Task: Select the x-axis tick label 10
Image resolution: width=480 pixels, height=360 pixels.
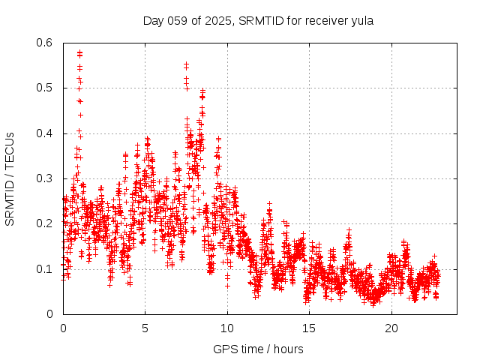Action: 227,328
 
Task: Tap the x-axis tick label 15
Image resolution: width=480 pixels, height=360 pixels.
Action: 310,328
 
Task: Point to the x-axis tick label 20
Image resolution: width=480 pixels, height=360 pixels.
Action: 391,328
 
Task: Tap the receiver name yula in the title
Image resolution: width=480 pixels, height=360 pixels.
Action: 362,20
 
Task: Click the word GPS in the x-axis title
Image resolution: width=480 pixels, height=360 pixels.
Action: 223,349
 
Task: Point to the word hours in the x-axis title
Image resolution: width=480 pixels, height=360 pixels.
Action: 288,349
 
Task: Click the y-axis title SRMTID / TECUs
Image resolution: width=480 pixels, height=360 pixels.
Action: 10,178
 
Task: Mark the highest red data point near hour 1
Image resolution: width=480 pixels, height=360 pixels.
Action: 79,52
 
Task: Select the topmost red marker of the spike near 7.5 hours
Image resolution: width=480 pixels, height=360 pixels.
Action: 186,64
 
